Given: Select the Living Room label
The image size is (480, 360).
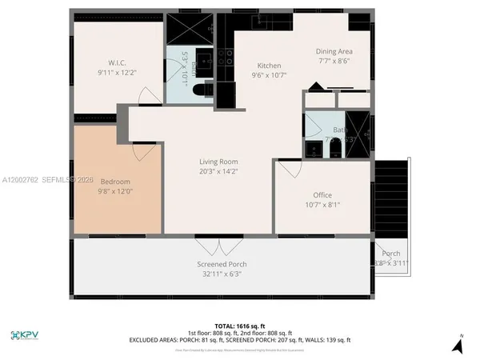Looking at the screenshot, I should coord(219,162).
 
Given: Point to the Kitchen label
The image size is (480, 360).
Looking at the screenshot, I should coord(268,66).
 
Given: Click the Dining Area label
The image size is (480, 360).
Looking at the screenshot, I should coord(334,51).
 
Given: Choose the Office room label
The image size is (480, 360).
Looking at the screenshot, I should coord(322,195).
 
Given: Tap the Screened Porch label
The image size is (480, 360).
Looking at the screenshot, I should coord(222,264).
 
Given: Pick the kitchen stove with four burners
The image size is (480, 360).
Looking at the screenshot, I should coord(226,57).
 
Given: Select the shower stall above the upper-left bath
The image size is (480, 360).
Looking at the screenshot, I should coord(190,30).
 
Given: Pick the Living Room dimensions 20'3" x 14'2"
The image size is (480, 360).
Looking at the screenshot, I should coord(219,171).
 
